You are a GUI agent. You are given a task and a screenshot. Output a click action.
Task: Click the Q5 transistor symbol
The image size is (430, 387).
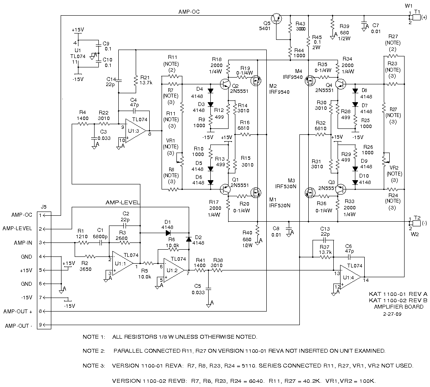pyautogui.click(x=277, y=18)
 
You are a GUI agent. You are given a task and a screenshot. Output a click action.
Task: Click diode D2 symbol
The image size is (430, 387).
pyautogui.click(x=189, y=239)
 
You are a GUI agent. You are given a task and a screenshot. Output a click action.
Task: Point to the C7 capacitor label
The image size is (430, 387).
pyautogui.click(x=375, y=25)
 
